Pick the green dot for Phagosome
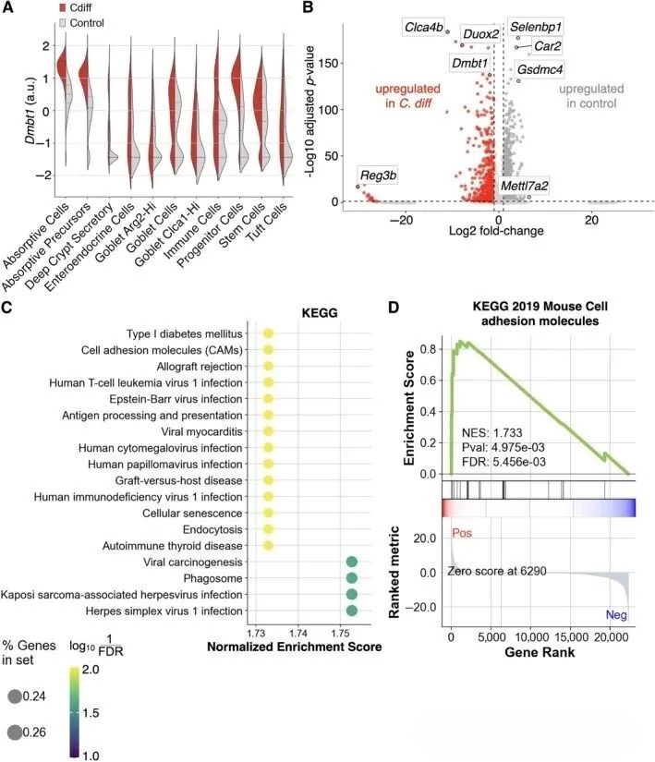[351, 578]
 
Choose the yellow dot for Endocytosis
[268, 529]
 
